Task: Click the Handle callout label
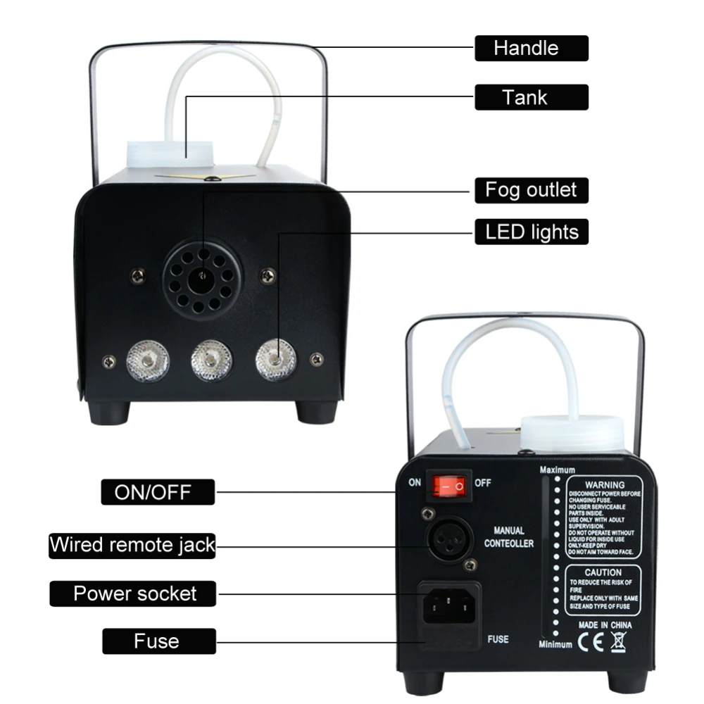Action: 531,48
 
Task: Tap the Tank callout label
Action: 531,97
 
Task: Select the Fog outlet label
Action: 531,189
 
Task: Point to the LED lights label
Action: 531,232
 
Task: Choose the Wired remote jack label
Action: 132,544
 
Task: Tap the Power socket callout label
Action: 134,593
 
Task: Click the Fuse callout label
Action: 158,641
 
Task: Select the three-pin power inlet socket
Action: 448,604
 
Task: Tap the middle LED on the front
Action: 210,360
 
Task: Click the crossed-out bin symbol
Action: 619,641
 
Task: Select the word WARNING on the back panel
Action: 605,485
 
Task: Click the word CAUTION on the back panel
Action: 603,572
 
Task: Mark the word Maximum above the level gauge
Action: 557,470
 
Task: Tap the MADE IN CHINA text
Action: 605,625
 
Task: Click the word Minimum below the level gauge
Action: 555,643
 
